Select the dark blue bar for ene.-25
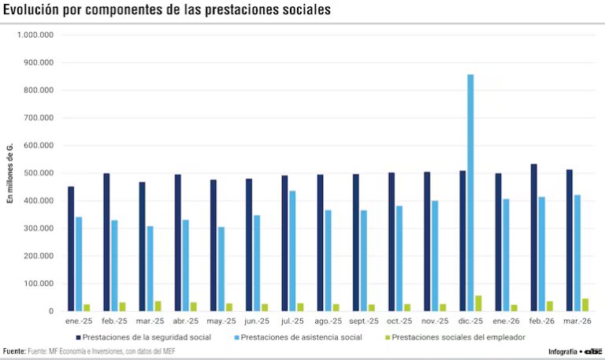pyautogui.click(x=71, y=248)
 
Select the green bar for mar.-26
pyautogui.click(x=585, y=305)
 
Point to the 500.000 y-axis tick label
pyautogui.click(x=38, y=173)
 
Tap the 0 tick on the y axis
pyautogui.click(x=50, y=311)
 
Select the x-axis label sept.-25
pyautogui.click(x=363, y=321)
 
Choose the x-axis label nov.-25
pyautogui.click(x=434, y=321)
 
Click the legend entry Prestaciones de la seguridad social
pyautogui.click(x=147, y=337)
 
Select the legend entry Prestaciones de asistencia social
pyautogui.click(x=301, y=337)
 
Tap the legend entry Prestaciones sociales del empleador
pyautogui.click(x=458, y=337)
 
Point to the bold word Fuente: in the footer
pyautogui.click(x=14, y=351)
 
